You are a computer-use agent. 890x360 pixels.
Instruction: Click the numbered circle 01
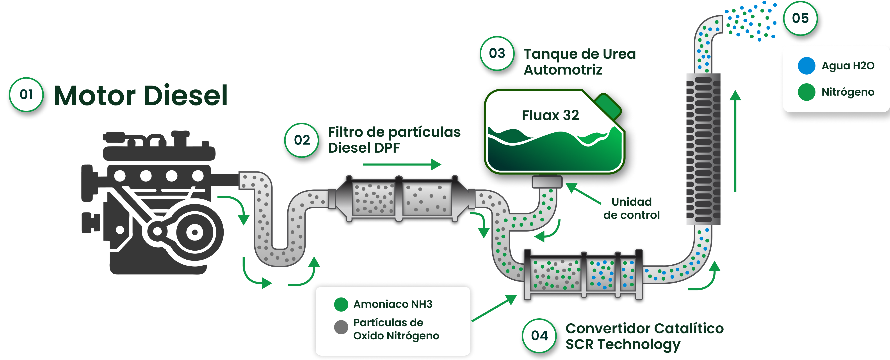(26, 94)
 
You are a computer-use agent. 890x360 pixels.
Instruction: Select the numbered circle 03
(497, 53)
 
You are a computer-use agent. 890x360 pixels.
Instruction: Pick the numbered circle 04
(539, 335)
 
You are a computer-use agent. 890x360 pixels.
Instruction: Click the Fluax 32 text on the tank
(550, 115)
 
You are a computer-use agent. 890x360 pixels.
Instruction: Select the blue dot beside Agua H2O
(806, 66)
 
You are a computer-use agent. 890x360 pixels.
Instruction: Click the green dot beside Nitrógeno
(806, 92)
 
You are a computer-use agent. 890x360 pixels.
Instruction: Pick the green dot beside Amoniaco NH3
(341, 304)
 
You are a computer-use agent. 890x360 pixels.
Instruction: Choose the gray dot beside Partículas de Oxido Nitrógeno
(341, 327)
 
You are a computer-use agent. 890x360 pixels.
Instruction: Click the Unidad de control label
(631, 208)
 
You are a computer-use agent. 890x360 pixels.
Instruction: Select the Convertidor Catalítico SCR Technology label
(644, 336)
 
